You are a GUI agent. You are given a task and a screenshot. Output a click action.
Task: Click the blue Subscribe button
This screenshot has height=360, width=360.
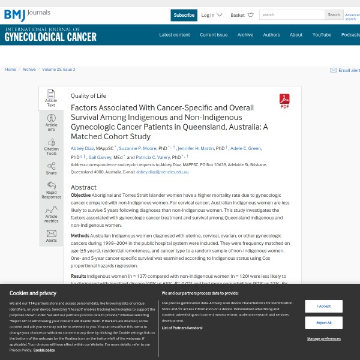coord(184,15)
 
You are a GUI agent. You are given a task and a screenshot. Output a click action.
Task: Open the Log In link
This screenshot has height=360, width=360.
coord(208,15)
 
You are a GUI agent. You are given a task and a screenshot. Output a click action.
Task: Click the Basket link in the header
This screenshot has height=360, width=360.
coord(238,15)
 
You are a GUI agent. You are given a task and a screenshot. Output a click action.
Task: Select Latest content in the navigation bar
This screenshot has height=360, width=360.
coord(175,35)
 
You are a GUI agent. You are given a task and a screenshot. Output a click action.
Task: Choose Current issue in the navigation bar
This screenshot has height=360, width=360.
coord(214,35)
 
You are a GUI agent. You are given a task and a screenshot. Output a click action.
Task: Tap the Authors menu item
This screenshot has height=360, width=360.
coord(271,35)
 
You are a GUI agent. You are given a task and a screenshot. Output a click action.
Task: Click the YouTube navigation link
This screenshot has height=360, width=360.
coord(322,35)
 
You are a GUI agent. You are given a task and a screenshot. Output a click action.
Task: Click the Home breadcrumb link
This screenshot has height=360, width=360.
coord(10,70)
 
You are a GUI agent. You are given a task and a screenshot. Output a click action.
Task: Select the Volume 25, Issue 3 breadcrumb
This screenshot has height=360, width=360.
coord(59,70)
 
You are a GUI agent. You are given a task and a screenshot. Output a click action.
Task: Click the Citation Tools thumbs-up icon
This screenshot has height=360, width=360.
coord(51,143)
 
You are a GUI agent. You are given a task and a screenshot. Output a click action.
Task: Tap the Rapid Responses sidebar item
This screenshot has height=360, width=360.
coord(51,190)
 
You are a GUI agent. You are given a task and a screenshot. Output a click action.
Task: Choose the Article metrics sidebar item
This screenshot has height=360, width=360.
coord(51,214)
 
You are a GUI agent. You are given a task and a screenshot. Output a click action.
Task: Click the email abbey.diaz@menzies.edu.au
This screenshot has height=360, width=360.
coord(162,172)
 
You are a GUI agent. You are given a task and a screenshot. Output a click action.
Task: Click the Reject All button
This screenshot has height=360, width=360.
coord(323,323)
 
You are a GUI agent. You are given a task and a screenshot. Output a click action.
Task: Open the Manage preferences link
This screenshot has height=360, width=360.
coord(323,339)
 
